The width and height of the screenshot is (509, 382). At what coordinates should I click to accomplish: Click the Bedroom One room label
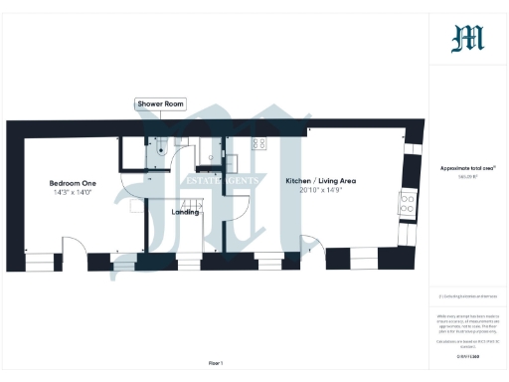74,183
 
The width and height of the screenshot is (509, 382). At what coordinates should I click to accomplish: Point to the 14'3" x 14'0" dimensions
74,192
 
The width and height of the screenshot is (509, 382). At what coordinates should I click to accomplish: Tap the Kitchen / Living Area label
320,181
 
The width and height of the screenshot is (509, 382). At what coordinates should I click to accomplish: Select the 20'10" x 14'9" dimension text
320,190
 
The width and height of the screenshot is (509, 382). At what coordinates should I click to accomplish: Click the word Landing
185,212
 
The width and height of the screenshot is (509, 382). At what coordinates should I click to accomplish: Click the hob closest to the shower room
257,143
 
